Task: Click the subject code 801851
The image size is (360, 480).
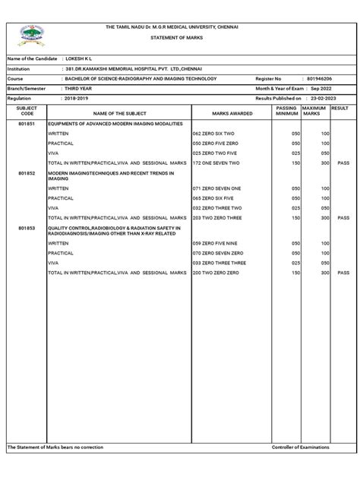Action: (x=26, y=122)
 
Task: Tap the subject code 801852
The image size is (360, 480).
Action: (x=26, y=173)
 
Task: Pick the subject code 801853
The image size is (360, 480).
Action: (x=26, y=227)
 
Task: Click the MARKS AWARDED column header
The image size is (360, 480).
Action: (x=232, y=112)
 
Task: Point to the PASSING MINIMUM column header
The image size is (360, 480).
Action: (x=286, y=112)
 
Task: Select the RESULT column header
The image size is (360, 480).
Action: (x=339, y=109)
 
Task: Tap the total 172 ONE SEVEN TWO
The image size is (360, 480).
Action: (x=218, y=163)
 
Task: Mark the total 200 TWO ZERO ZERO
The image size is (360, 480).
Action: (x=217, y=271)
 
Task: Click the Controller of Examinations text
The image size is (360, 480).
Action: (x=300, y=447)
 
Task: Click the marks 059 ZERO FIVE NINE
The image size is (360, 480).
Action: (x=216, y=243)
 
